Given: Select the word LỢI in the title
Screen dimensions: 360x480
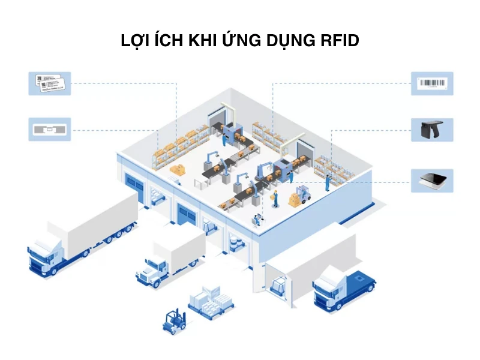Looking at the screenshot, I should click(137, 41).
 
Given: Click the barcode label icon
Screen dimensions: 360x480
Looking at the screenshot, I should click(431, 83).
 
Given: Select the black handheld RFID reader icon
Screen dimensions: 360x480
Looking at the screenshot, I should click(431, 129).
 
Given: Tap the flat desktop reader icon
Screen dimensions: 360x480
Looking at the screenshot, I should click(431, 180).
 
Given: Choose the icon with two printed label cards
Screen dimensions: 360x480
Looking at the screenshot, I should click(49, 83).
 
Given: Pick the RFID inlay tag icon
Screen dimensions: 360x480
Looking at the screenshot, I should click(49, 129).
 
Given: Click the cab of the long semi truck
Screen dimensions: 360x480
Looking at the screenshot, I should click(45, 255).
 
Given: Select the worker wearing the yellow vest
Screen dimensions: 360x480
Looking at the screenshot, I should click(275, 198).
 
